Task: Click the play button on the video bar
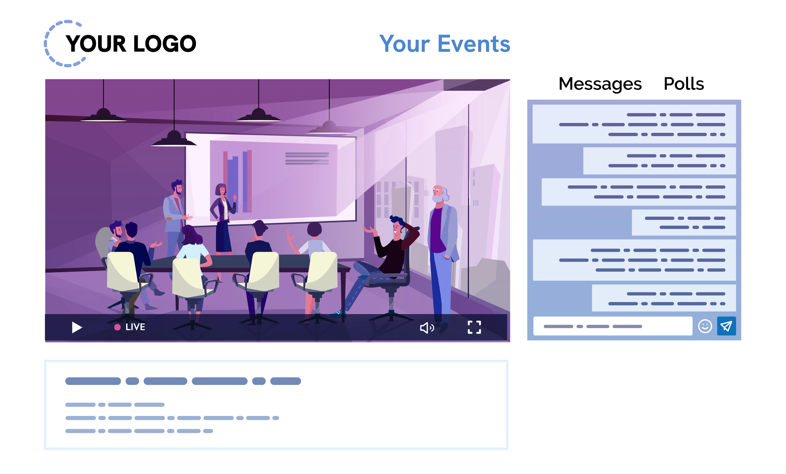pyautogui.click(x=77, y=327)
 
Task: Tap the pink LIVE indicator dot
pyautogui.click(x=117, y=327)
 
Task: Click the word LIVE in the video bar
pyautogui.click(x=135, y=327)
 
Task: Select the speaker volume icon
pyautogui.click(x=427, y=328)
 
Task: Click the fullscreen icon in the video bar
pyautogui.click(x=474, y=327)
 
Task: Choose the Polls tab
pyautogui.click(x=684, y=84)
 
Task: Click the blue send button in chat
pyautogui.click(x=726, y=326)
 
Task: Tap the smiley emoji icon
pyautogui.click(x=705, y=326)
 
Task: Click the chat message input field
pyautogui.click(x=613, y=326)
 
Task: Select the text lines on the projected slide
pyautogui.click(x=307, y=158)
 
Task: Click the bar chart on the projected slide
pyautogui.click(x=237, y=181)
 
